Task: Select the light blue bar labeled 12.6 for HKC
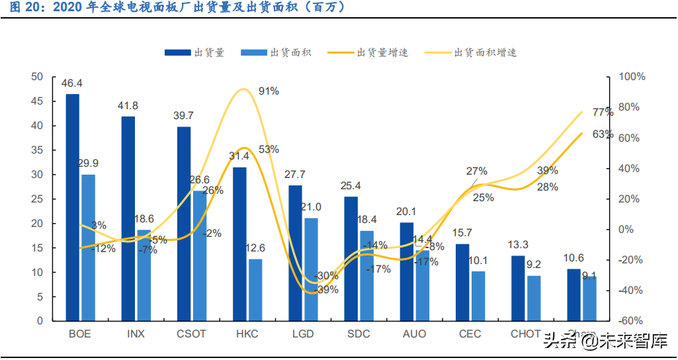click(255, 290)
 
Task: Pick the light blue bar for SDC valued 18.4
click(366, 275)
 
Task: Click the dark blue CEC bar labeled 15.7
click(462, 282)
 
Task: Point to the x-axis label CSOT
click(191, 334)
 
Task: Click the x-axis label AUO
click(414, 334)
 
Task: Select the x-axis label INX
click(136, 334)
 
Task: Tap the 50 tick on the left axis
click(37, 77)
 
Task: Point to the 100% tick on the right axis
click(631, 77)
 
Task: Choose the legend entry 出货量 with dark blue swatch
click(195, 52)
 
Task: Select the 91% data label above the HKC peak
click(269, 91)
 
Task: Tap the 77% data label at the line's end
click(603, 112)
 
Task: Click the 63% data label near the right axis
click(603, 134)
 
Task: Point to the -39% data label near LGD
click(327, 289)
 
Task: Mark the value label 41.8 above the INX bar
click(128, 106)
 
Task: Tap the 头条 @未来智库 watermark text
click(605, 341)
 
